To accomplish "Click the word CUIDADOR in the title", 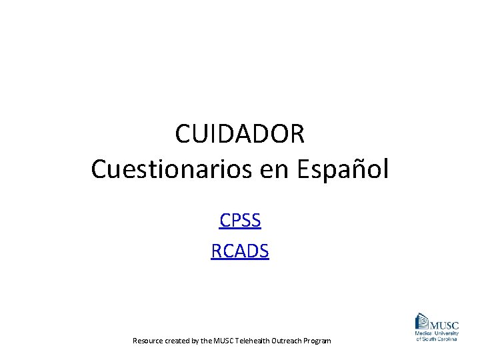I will [240, 134].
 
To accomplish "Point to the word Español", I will [342, 169].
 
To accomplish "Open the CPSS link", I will [240, 220].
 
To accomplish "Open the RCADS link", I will [240, 251].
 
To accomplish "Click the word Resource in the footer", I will [147, 341].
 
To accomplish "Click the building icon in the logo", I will [423, 321].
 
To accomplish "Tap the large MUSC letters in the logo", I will [443, 325].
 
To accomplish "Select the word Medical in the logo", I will [424, 333].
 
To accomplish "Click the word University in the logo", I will [446, 333].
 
